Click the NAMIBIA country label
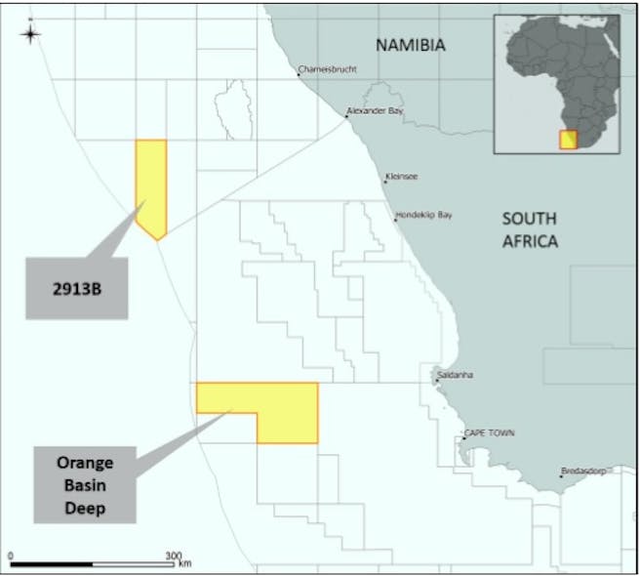click(411, 45)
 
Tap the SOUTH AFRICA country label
click(530, 229)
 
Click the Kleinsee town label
click(402, 178)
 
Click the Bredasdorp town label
click(583, 472)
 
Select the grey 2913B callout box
click(77, 288)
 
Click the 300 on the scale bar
click(174, 555)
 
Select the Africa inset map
click(557, 83)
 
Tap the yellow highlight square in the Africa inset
click(568, 139)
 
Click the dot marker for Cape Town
click(462, 437)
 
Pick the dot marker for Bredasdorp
click(561, 476)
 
